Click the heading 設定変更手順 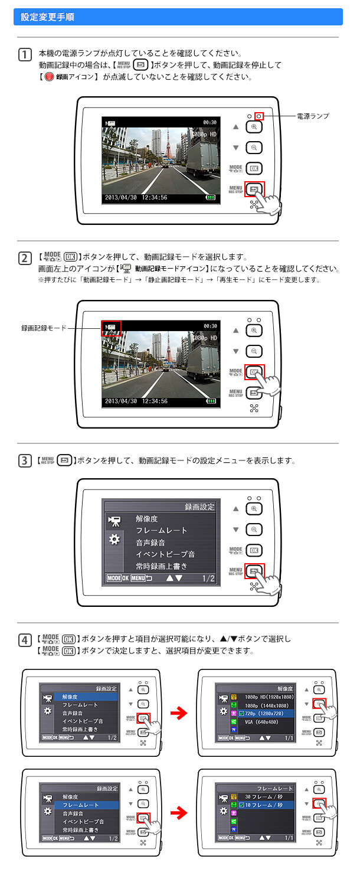click(47, 17)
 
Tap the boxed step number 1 click(25, 55)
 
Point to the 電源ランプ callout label click(313, 116)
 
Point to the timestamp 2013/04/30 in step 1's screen click(121, 198)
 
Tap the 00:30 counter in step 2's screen click(210, 325)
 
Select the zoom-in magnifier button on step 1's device click(254, 127)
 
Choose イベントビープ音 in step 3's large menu click(165, 554)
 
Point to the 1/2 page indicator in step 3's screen click(208, 579)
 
